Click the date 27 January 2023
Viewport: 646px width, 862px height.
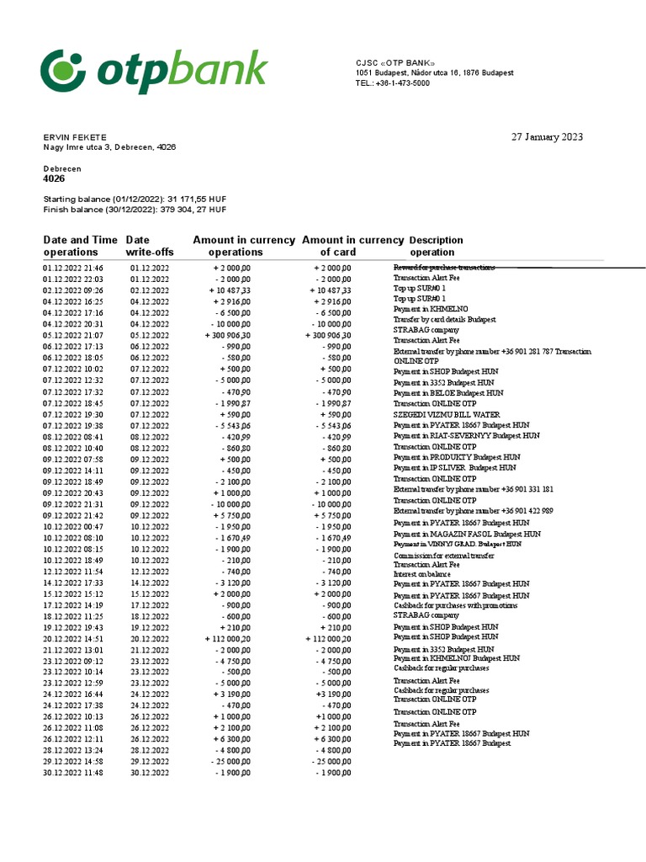tap(547, 137)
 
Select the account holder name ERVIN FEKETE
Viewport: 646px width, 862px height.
tap(75, 137)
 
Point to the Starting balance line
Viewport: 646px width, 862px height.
tap(120, 199)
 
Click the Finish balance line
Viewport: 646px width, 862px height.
tap(123, 210)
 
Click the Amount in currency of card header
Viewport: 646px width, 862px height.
tap(352, 246)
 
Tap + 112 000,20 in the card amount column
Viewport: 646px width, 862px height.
tap(328, 639)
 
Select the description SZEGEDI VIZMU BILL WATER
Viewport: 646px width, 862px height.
tap(447, 414)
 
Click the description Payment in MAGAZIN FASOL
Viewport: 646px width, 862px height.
tap(467, 534)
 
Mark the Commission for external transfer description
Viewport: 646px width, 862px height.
tap(444, 556)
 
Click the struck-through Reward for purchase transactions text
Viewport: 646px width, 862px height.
tap(444, 268)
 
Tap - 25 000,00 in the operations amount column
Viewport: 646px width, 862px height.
tap(230, 761)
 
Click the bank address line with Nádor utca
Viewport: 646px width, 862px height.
tap(434, 73)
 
